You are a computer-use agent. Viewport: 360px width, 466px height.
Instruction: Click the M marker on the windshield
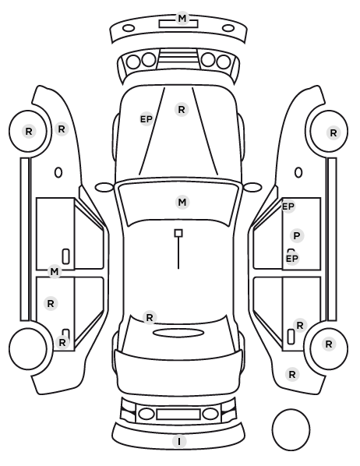182,203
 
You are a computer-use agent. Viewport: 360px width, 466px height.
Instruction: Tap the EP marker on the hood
146,119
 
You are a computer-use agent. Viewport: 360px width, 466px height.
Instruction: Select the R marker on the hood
182,110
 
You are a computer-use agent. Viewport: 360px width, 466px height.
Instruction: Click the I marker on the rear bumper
179,442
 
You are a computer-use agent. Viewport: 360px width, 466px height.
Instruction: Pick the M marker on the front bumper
182,19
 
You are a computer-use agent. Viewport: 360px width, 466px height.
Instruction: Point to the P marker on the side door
297,236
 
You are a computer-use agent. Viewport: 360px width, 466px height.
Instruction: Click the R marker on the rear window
150,317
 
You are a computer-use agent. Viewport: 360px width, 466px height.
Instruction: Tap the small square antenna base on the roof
178,233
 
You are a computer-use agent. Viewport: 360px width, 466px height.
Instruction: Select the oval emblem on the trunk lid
178,334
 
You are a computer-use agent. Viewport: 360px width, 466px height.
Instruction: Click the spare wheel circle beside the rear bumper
291,429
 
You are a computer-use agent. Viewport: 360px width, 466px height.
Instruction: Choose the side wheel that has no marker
27,348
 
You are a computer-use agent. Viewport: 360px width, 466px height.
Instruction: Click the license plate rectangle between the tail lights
178,415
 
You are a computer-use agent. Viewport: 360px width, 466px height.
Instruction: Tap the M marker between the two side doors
55,272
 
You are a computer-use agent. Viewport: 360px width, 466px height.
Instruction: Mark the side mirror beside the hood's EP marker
104,188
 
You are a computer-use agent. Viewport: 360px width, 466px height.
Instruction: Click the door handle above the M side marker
66,256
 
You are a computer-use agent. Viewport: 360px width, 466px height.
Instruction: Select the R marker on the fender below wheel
292,375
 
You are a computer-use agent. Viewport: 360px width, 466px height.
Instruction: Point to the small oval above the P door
298,173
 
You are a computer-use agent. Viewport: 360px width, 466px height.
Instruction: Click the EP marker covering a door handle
292,259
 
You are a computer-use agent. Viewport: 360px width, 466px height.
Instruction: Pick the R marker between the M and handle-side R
51,304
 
